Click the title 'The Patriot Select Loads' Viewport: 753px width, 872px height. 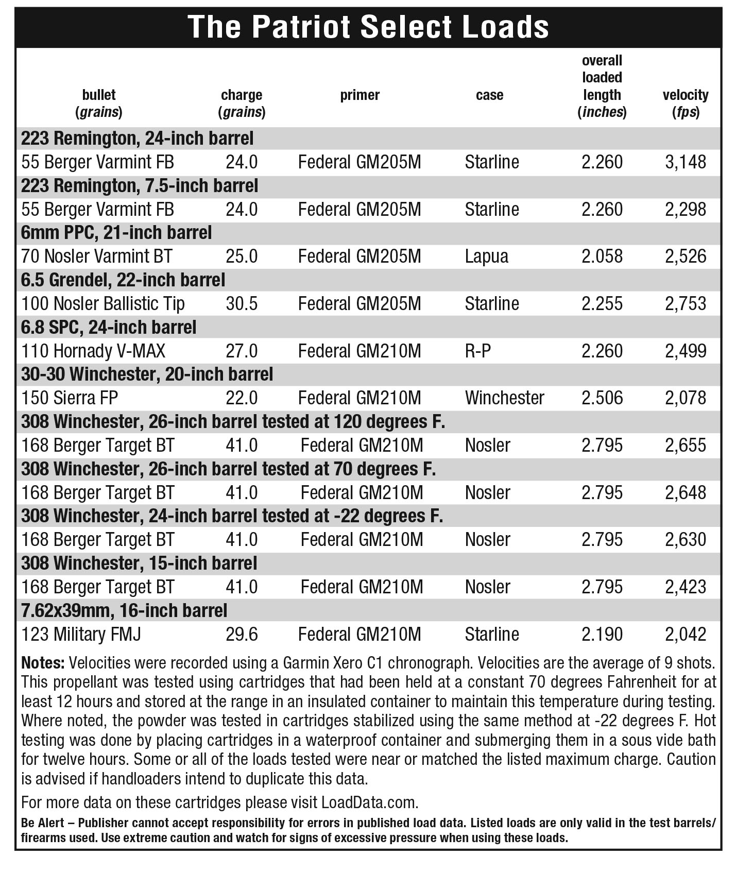368,27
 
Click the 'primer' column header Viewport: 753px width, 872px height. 360,95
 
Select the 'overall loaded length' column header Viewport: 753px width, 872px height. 602,86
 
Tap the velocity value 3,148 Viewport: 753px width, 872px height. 685,162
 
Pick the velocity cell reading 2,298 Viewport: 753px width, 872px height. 685,209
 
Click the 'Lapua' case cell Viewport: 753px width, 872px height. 486,257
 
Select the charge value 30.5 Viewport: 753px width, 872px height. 242,303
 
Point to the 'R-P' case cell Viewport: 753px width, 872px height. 477,351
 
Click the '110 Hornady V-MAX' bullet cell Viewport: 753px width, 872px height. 93,351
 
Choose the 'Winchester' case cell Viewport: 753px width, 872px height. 504,398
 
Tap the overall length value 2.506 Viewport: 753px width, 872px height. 602,398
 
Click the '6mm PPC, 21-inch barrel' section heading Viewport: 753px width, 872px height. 116,233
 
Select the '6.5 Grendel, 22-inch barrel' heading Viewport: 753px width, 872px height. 123,280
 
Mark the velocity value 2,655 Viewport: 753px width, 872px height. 685,445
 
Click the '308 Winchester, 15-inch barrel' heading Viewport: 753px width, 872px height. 139,563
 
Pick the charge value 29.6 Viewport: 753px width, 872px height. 242,634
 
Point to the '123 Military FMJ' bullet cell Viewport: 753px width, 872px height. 81,634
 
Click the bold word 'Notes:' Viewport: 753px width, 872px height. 43,662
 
